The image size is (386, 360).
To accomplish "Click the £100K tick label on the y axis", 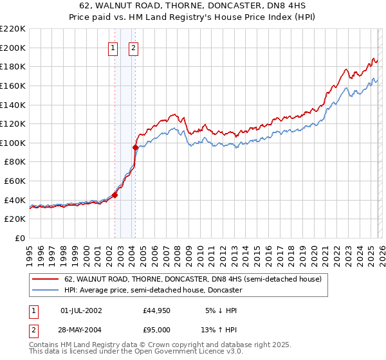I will coord(13,143).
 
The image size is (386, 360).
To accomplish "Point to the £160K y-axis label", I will coord(13,85).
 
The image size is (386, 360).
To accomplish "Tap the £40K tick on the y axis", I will coord(15,200).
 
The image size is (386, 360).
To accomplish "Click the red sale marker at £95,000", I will coord(135,147).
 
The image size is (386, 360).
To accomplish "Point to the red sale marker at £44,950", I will coord(115,195).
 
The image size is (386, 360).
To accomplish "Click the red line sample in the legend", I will coord(46,280).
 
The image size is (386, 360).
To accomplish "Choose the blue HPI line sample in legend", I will coord(46,290).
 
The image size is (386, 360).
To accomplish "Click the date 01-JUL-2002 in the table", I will coord(81,310).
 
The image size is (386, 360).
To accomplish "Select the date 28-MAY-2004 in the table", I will coord(81,328).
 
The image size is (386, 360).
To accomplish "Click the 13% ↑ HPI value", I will coord(219,328).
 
